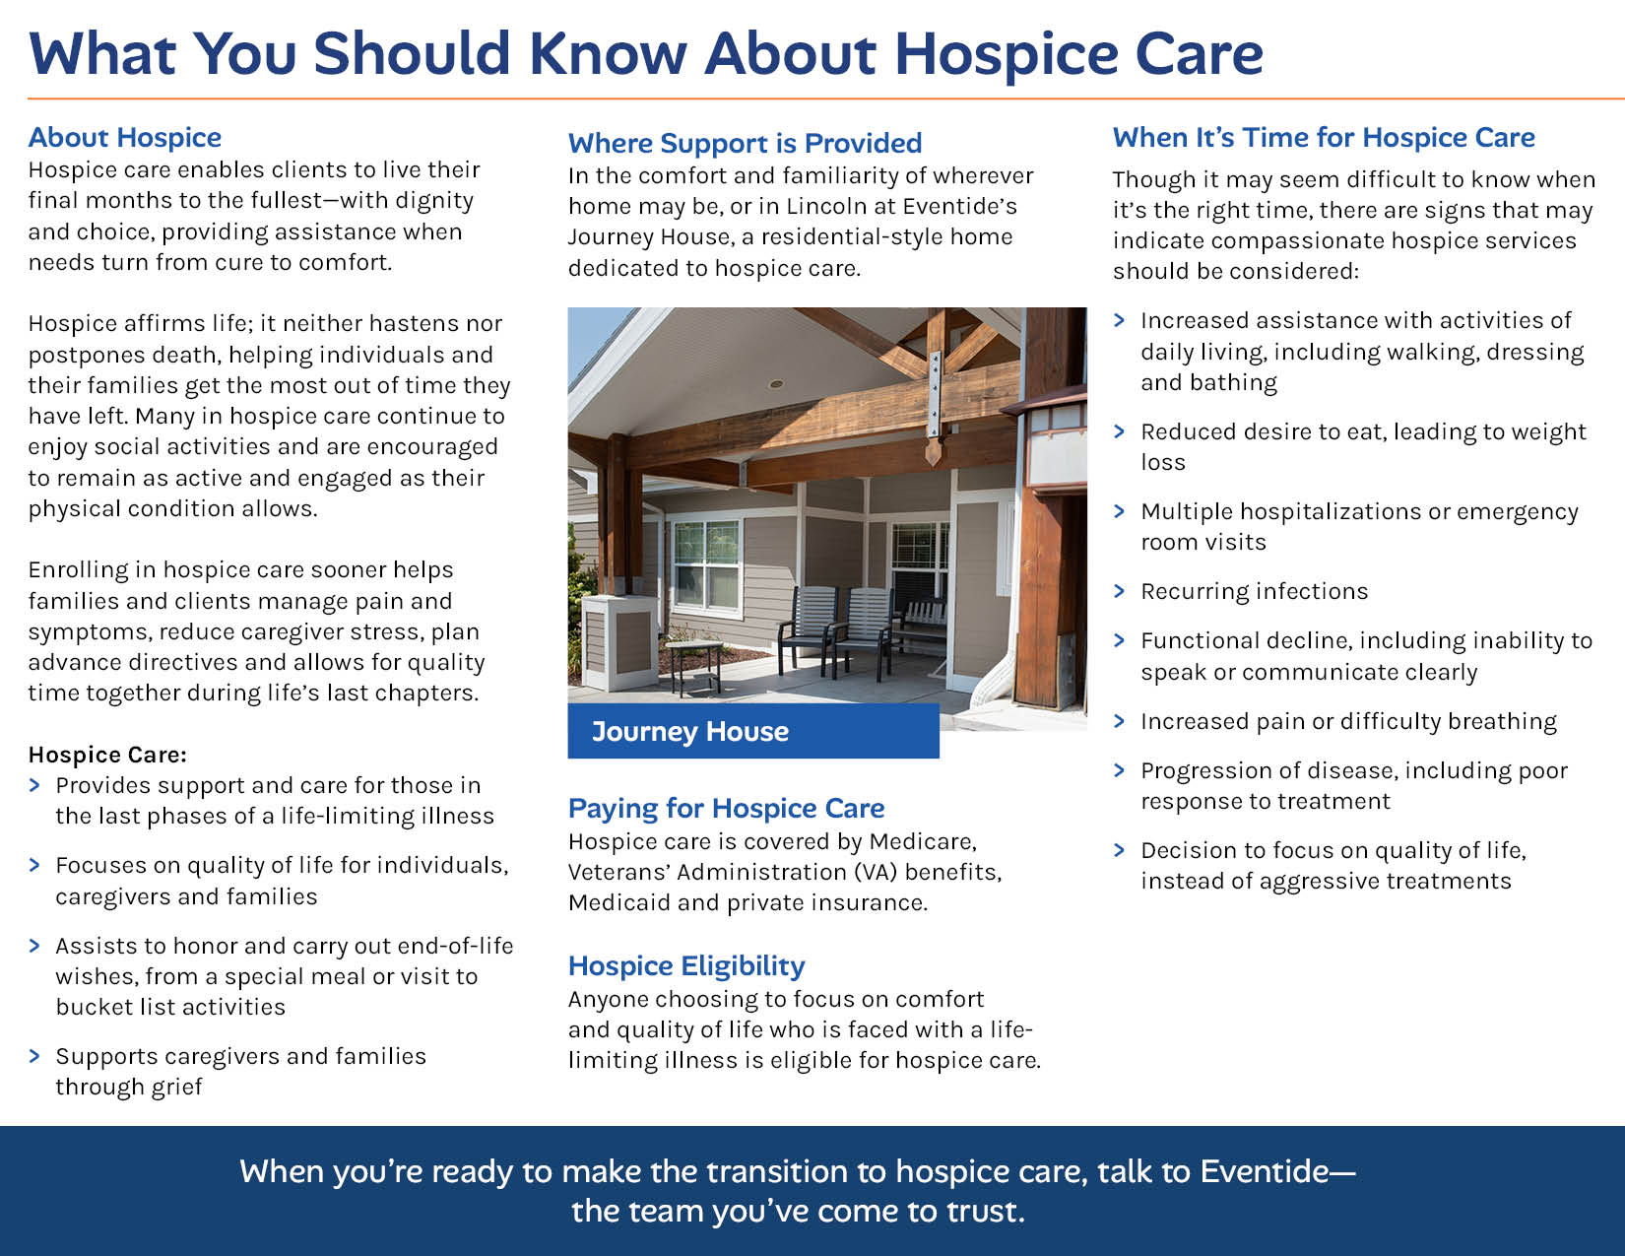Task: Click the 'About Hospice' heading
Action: pos(125,138)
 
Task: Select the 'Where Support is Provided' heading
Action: pos(745,143)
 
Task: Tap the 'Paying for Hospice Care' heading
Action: pos(726,809)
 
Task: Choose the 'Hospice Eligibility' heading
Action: pos(686,966)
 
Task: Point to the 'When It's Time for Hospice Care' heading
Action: pos(1324,138)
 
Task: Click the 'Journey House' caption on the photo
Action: pos(690,731)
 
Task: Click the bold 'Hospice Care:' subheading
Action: pos(107,755)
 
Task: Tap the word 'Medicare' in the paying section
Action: pos(922,842)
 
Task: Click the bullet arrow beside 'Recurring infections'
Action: pos(1120,591)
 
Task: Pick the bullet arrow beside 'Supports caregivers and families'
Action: pos(34,1055)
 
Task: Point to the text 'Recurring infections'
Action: pos(1254,592)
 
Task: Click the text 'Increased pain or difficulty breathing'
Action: pos(1348,721)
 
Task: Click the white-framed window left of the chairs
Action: pos(705,567)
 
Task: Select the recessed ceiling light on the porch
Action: pos(777,384)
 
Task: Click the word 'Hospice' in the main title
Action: pos(1005,54)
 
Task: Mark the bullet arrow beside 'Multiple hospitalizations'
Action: pos(1120,511)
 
